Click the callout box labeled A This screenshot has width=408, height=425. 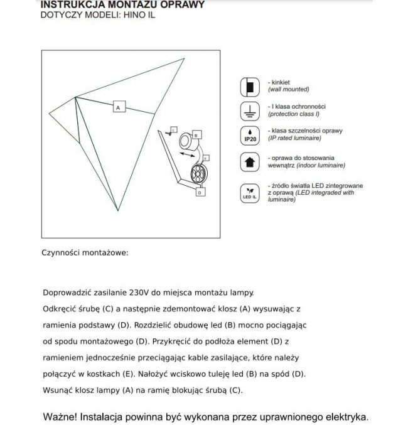(117, 107)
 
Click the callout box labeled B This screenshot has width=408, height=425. (196, 134)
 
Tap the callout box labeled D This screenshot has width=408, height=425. (199, 193)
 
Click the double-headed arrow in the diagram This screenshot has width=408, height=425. (186, 154)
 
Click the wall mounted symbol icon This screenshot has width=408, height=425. (249, 86)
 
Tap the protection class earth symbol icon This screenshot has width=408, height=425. (249, 111)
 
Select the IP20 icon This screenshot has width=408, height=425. (249, 136)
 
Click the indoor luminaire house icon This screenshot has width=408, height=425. (249, 161)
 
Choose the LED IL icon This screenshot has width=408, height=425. (249, 191)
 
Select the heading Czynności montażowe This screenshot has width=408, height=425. (85, 253)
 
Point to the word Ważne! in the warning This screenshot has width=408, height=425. (62, 416)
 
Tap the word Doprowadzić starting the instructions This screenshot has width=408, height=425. (65, 293)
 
